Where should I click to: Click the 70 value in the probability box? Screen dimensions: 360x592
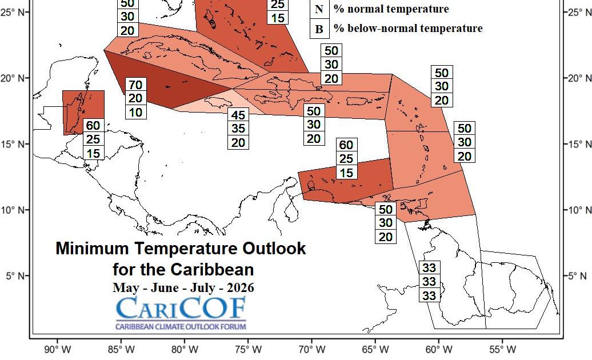click(135, 85)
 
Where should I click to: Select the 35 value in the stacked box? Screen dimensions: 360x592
click(238, 129)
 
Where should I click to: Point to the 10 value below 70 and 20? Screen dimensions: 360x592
click(135, 112)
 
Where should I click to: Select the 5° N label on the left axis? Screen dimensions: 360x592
click(14, 276)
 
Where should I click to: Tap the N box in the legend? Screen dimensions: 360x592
click(319, 9)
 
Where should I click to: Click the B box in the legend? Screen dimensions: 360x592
click(319, 29)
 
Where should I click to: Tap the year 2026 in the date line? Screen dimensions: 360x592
click(239, 287)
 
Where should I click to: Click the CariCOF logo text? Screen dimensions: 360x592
click(181, 309)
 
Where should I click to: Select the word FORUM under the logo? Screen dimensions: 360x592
click(233, 327)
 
